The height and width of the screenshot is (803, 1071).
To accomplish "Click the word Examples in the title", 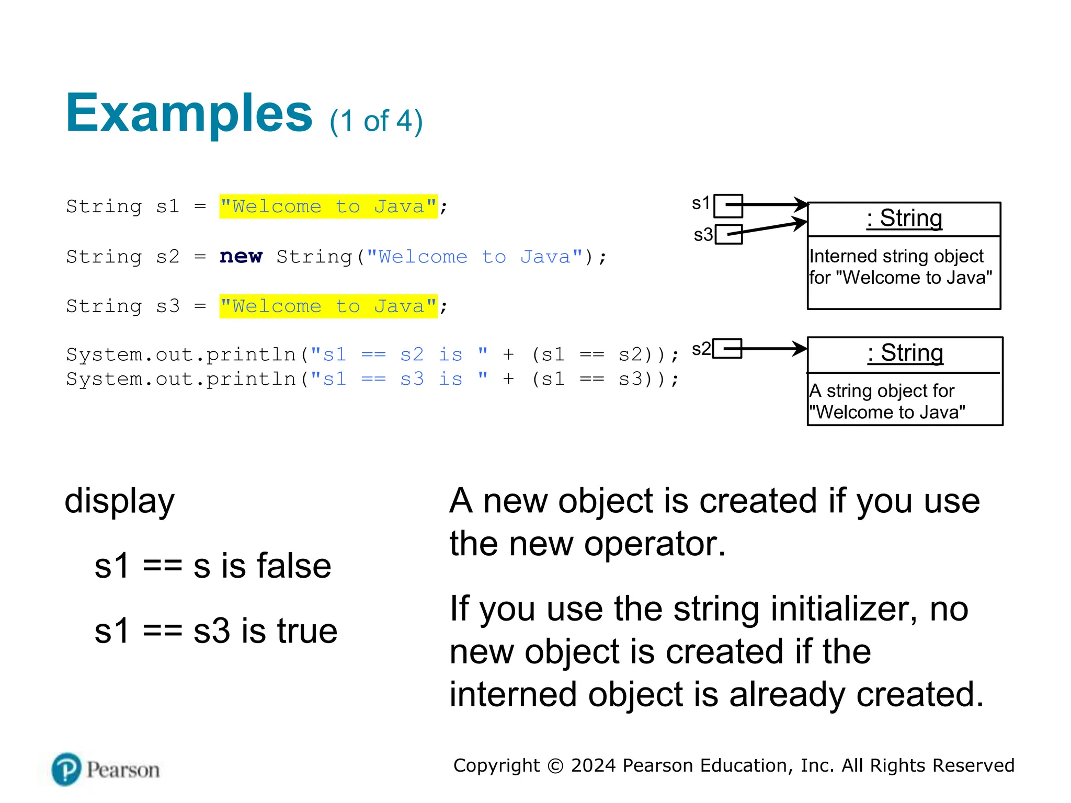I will point(189,113).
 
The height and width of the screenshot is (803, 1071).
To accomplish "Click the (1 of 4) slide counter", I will point(376,121).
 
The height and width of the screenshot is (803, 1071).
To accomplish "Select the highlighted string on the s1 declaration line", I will point(328,207).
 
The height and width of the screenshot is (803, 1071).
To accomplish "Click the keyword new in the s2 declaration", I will point(241,256).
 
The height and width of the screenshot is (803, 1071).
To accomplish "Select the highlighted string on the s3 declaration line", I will point(328,306).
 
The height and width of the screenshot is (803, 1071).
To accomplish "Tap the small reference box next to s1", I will point(727,205).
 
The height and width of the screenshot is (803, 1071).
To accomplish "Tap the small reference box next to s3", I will point(728,234).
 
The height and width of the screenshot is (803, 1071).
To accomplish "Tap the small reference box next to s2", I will point(727,349).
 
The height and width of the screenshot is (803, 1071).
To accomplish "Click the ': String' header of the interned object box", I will point(904,219).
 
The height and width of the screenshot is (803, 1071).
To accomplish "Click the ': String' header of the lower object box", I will point(905,353).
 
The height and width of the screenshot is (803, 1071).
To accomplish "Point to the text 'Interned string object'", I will point(896,256).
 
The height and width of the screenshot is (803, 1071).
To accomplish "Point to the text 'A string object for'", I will point(882,391).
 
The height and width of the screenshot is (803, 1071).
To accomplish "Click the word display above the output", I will point(119,501).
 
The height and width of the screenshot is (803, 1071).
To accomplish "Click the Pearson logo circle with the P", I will point(66,769).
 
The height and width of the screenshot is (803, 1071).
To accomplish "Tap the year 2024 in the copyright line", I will point(594,765).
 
